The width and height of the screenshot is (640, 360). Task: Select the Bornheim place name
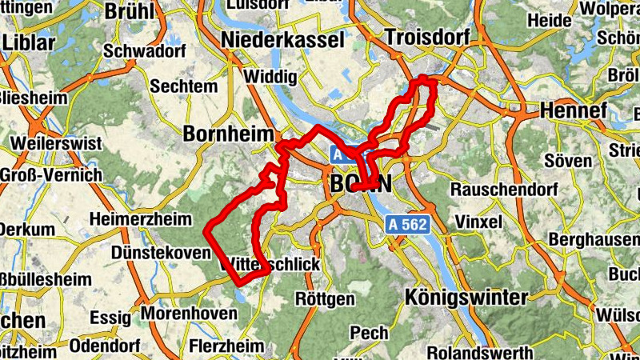228,134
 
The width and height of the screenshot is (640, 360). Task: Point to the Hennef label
574,110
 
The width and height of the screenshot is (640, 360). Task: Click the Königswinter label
466,298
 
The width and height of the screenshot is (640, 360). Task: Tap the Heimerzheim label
141,218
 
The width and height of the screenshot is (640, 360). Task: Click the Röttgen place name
325,299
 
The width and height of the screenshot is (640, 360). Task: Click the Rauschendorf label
502,190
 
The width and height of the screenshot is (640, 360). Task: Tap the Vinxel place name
477,220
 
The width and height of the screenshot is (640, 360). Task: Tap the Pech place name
369,332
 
